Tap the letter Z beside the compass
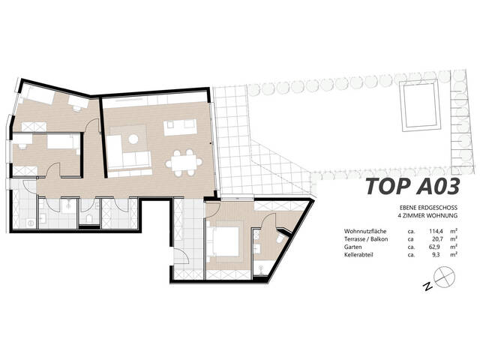tap(425, 286)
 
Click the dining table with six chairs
tap(182, 159)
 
